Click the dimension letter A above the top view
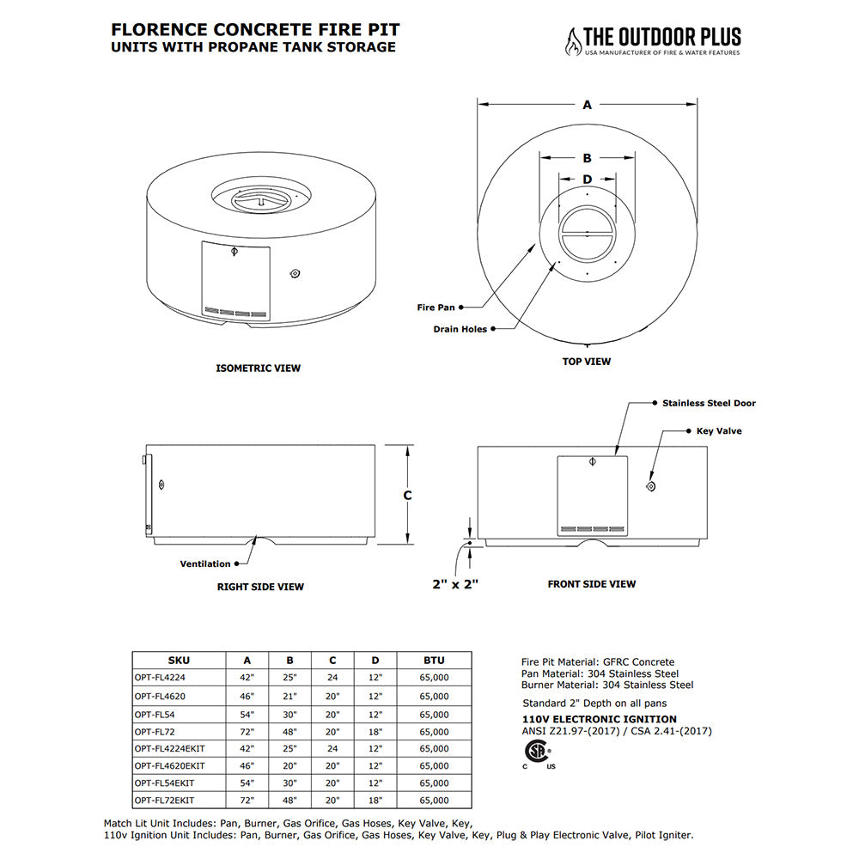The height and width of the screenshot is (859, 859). pyautogui.click(x=588, y=105)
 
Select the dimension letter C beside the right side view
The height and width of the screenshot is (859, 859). pyautogui.click(x=408, y=496)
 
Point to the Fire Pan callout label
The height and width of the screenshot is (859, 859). pyautogui.click(x=436, y=306)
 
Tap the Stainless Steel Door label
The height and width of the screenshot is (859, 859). pyautogui.click(x=709, y=403)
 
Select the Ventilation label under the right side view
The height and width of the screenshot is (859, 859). pyautogui.click(x=204, y=564)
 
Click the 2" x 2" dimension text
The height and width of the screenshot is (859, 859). pyautogui.click(x=454, y=584)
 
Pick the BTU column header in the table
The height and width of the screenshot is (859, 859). pyautogui.click(x=434, y=661)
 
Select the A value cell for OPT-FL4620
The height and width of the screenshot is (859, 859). pyautogui.click(x=247, y=696)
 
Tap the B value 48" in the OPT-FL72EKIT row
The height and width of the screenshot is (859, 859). pyautogui.click(x=290, y=801)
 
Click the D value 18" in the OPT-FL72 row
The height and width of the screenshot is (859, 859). pyautogui.click(x=375, y=731)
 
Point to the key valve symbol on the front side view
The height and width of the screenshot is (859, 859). pyautogui.click(x=650, y=487)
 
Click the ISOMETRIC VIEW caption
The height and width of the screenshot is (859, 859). pyautogui.click(x=258, y=369)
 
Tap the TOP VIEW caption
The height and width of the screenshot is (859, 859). pyautogui.click(x=587, y=362)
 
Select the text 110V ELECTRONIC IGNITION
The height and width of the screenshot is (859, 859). pyautogui.click(x=600, y=719)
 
